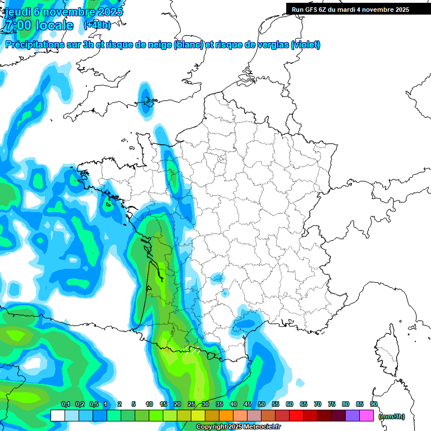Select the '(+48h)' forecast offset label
[97, 25]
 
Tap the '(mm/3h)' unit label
[392, 416]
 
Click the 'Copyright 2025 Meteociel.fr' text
[239, 427]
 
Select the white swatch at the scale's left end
[57, 416]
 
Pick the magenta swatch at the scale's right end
[366, 416]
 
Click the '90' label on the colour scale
[373, 405]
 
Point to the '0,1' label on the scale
[66, 405]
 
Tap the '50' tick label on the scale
[262, 405]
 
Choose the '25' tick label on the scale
[191, 405]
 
